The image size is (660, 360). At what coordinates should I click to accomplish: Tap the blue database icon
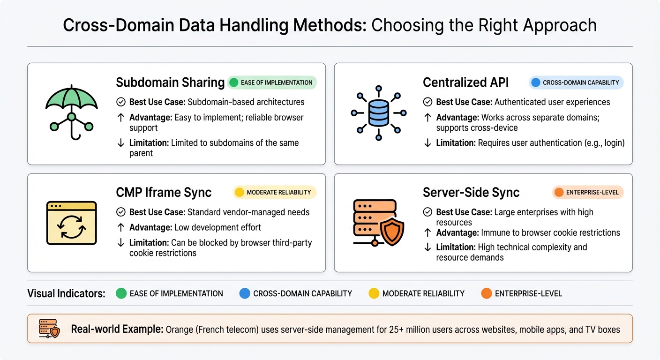[378, 112]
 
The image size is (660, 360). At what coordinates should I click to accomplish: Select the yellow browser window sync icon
[71, 223]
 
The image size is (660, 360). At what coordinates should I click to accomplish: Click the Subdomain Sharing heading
[170, 83]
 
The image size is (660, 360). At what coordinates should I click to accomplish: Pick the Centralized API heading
[465, 83]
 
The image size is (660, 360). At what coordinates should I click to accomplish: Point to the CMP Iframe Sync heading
[164, 192]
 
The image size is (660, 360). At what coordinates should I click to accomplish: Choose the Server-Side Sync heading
[471, 192]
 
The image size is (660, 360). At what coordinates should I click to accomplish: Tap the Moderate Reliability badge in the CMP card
[275, 192]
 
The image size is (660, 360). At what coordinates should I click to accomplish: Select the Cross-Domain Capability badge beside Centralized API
[576, 83]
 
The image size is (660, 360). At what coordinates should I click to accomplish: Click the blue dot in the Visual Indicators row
[245, 294]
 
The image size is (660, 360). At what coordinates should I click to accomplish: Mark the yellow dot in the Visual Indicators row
[374, 294]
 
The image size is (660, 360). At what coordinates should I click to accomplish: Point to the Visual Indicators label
[66, 294]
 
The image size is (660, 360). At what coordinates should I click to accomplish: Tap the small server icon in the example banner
[50, 330]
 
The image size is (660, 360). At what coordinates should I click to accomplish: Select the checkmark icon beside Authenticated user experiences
[427, 102]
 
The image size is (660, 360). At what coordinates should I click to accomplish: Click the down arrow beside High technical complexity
[427, 247]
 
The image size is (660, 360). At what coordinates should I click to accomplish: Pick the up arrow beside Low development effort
[120, 227]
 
